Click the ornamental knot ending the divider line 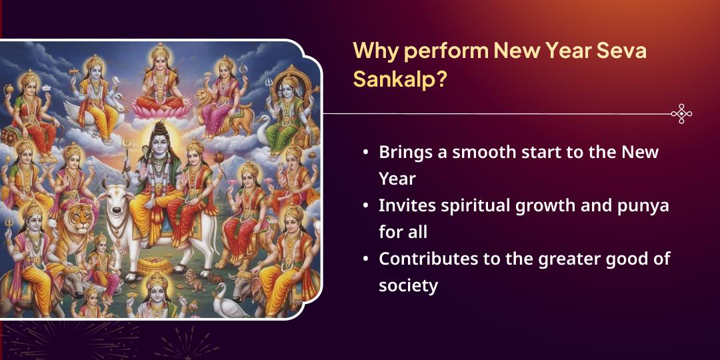(681, 113)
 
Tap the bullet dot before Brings (365, 153)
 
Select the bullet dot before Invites (365, 206)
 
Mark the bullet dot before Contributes (365, 259)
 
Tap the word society (408, 286)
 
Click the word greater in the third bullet (557, 259)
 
